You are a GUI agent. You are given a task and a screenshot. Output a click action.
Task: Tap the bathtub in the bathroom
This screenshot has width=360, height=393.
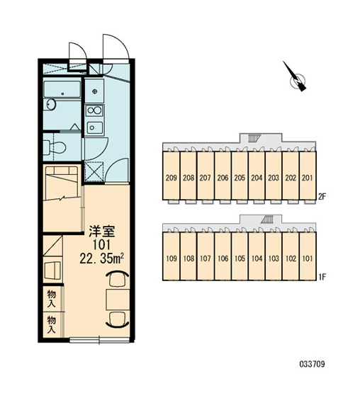point(62,89)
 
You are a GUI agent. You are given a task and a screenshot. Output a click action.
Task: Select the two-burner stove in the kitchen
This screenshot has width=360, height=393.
point(94,110)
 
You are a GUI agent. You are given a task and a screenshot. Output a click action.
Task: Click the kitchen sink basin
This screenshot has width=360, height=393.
point(94,128)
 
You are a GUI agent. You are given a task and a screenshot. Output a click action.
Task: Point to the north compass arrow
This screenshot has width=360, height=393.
point(296,77)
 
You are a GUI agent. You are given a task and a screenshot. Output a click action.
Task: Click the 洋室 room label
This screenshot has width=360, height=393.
point(101,231)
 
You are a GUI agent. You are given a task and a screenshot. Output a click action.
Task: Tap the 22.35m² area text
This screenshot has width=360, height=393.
point(101,258)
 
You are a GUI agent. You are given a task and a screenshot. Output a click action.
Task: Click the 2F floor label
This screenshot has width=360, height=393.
point(322,197)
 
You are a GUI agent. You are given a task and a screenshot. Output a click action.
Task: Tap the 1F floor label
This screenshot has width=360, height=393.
point(322,277)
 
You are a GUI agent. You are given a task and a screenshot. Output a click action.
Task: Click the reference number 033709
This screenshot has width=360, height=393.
point(312,364)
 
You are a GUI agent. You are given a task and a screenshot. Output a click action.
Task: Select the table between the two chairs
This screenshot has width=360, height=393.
point(118,300)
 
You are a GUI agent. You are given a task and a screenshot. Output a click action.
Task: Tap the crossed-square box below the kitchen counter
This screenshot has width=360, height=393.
point(94,171)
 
